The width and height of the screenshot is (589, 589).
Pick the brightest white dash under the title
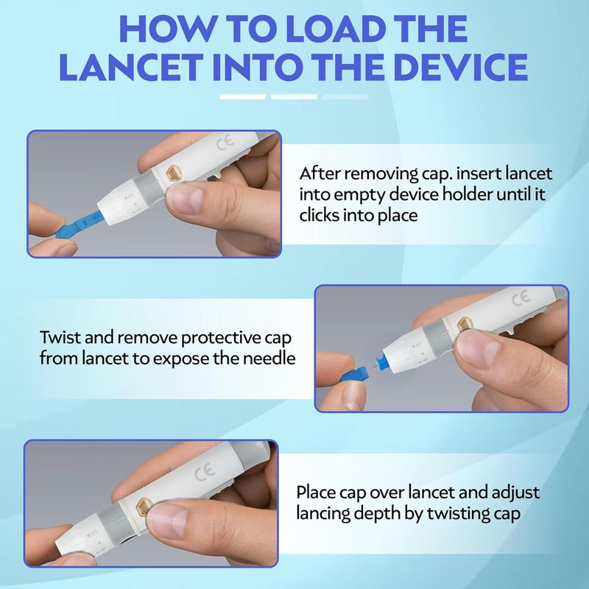tap(242, 96)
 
